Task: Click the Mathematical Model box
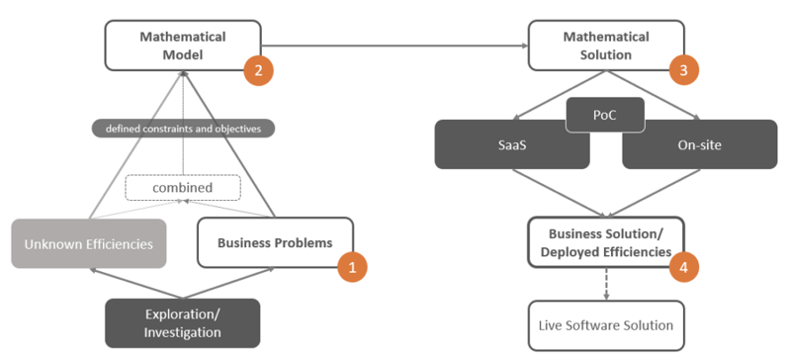[x=183, y=45]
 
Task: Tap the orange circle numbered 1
[x=352, y=266]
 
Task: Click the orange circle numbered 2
[x=258, y=70]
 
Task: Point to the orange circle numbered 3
[x=683, y=70]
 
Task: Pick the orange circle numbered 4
[x=683, y=266]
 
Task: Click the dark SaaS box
[x=511, y=144]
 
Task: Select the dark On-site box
[x=699, y=144]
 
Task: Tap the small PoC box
[x=605, y=116]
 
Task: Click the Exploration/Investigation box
[x=182, y=323]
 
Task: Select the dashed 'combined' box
[x=183, y=186]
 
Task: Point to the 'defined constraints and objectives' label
[x=183, y=129]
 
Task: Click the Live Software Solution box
[x=605, y=325]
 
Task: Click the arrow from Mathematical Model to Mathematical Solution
[x=395, y=45]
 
